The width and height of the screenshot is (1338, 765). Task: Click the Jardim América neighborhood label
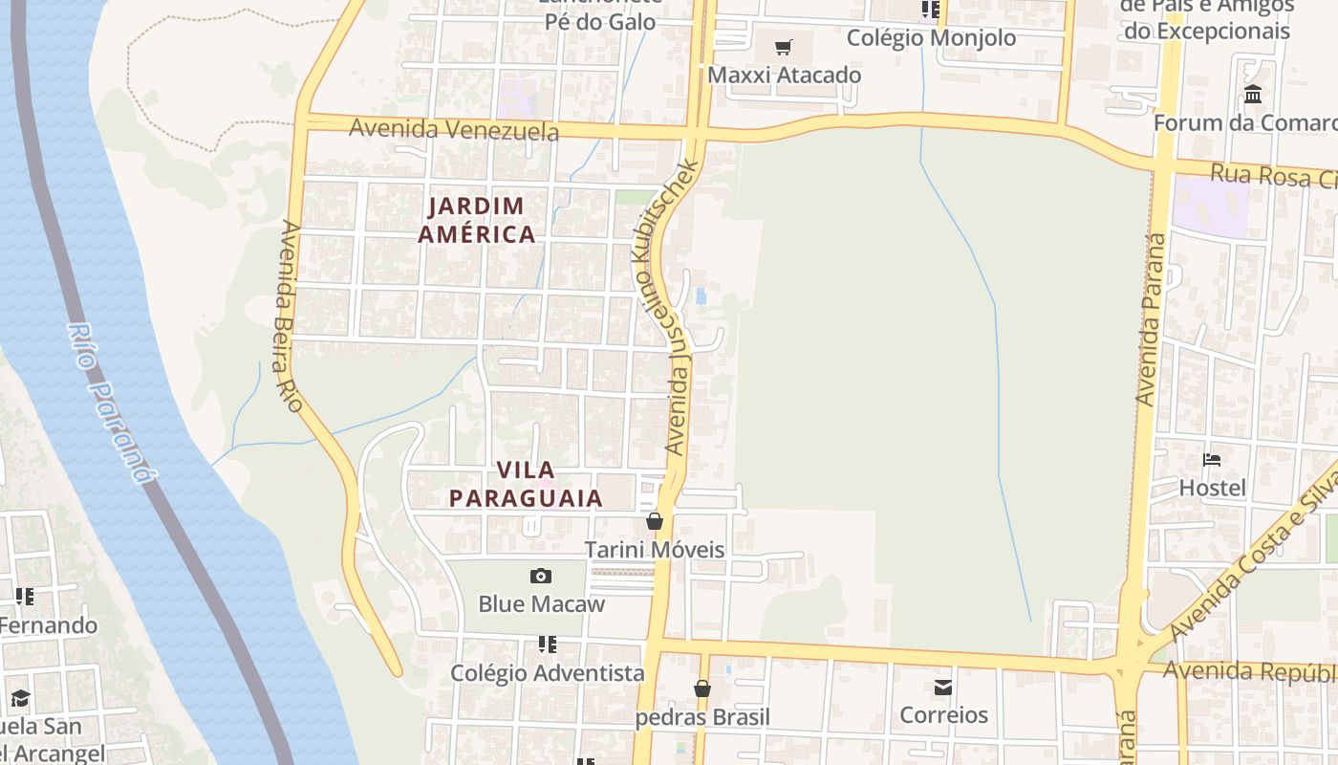point(477,220)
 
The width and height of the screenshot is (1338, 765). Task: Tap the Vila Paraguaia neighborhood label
point(526,484)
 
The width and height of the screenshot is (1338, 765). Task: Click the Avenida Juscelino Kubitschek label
point(666,306)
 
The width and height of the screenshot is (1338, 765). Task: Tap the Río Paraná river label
point(111,403)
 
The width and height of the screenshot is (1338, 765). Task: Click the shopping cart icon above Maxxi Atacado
point(784,47)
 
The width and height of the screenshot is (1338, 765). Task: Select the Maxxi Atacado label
point(784,75)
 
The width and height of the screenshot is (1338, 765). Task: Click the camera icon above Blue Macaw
point(541,576)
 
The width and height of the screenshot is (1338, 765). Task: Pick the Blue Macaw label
point(541,604)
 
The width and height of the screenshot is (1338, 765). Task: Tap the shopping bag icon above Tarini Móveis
point(655,521)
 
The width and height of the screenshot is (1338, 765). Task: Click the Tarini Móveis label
point(655,550)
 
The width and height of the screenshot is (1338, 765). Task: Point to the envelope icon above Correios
point(943,687)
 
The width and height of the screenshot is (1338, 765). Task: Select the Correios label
point(943,715)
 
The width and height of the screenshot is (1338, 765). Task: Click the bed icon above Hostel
point(1212,460)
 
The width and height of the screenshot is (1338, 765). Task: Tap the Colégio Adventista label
point(548,673)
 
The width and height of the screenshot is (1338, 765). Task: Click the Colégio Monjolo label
point(931,38)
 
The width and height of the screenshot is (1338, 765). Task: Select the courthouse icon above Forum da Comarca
point(1253,94)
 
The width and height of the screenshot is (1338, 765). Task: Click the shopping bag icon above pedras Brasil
point(702,688)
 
